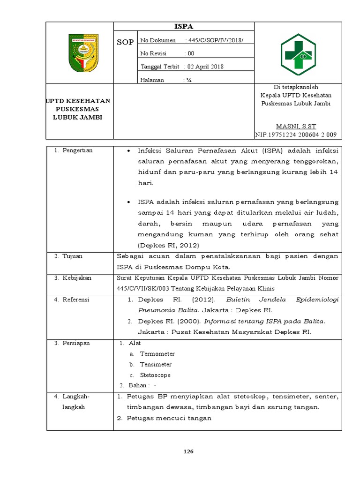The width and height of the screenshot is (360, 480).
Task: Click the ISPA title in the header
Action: pos(184,27)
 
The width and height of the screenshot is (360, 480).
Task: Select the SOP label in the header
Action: pos(125,42)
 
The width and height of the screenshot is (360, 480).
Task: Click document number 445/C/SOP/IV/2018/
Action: pos(214,41)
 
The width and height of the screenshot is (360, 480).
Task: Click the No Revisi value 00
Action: pos(191,53)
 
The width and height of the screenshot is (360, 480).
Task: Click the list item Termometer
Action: pos(157,354)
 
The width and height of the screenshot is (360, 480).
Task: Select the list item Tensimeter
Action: pos(156,365)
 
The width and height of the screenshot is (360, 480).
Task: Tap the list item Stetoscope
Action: pos(155,375)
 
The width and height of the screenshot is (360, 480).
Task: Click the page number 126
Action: pos(188,452)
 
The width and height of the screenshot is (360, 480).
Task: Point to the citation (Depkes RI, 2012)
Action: pos(168,246)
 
